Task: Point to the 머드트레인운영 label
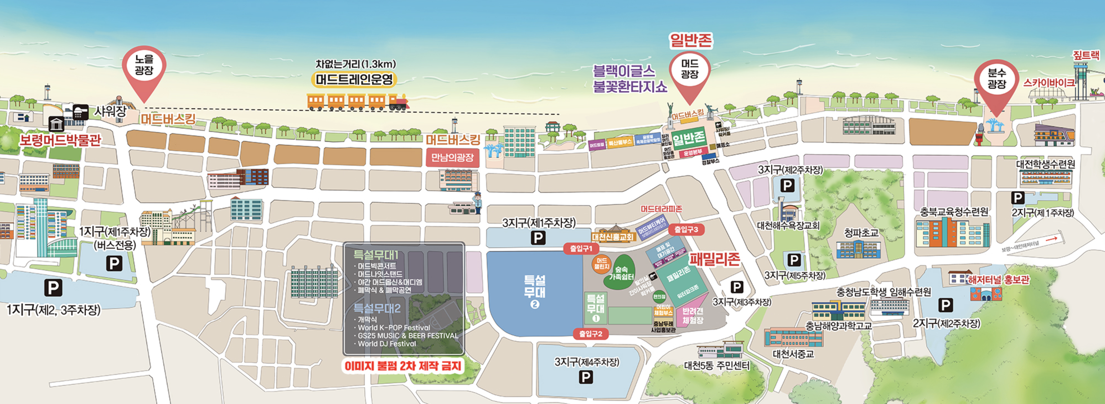pyautogui.click(x=354, y=79)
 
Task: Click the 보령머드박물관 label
pyautogui.click(x=60, y=140)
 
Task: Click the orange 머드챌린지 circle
pyautogui.click(x=601, y=264)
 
